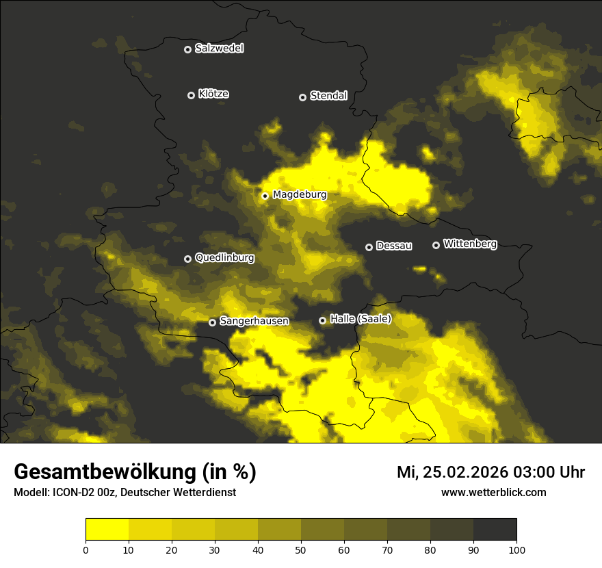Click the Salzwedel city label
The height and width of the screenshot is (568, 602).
coord(219,49)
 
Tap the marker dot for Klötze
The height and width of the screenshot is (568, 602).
coord(191,95)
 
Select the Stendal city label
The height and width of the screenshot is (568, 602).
coord(328,96)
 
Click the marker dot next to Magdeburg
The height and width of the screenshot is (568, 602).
coord(265,196)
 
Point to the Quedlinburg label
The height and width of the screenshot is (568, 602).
coord(224,258)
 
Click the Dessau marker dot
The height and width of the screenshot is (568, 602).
coord(369,247)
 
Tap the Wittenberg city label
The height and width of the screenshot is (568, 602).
coord(470,244)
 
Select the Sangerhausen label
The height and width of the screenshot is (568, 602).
coord(254,321)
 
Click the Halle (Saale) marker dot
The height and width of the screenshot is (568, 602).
coord(323,320)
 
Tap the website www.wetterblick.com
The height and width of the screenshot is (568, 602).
coord(493,493)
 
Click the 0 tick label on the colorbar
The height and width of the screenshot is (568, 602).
coord(86,550)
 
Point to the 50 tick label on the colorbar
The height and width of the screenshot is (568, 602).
coord(301,550)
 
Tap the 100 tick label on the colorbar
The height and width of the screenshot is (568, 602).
coord(516,550)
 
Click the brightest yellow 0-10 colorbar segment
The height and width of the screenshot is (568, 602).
coord(107,530)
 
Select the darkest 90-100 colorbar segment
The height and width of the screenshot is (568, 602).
coord(495,530)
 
